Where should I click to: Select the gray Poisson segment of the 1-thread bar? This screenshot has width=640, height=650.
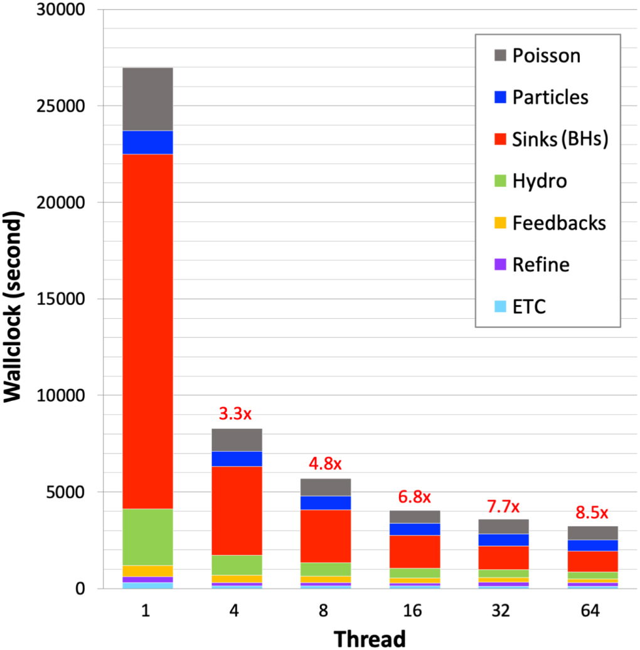pos(147,99)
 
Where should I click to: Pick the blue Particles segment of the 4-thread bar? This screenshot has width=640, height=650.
pos(237,459)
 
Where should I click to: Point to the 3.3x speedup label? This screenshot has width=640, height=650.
pos(235,414)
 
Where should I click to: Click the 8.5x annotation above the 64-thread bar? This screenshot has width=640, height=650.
pos(592,513)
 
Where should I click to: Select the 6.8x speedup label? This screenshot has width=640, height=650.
pos(414,498)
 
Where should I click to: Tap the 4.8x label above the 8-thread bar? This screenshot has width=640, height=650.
pos(325,464)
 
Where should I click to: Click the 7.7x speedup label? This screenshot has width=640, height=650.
pos(503,506)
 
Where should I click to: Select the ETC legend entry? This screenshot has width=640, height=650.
pos(528,307)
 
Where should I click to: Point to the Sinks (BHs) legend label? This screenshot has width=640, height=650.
pos(560,139)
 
